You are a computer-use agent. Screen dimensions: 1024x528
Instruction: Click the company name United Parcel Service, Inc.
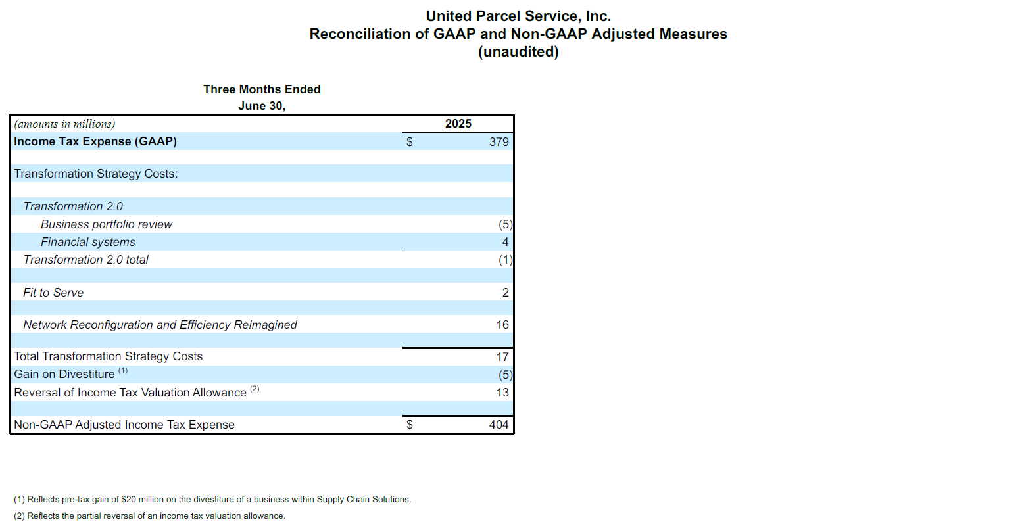click(x=518, y=16)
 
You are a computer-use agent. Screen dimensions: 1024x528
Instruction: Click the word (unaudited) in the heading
click(x=518, y=52)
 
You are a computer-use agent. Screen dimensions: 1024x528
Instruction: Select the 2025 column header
click(x=458, y=124)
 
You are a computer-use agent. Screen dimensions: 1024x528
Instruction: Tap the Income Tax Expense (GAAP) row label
click(x=95, y=141)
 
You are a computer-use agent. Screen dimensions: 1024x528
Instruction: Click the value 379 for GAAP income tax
click(x=499, y=142)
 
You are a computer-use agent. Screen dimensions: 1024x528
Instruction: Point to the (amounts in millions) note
click(x=64, y=124)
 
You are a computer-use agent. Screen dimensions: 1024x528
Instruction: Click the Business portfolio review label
click(x=107, y=224)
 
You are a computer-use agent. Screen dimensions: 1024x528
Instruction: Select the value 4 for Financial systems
click(x=505, y=242)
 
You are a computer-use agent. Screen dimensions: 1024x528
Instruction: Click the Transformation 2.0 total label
click(x=86, y=260)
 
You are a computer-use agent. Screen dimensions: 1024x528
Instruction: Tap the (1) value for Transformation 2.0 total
click(x=505, y=260)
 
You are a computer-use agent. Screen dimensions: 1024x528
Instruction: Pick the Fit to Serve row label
click(x=53, y=293)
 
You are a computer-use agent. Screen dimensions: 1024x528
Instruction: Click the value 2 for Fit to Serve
click(x=505, y=293)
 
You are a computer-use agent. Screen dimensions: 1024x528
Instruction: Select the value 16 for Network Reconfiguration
click(x=502, y=325)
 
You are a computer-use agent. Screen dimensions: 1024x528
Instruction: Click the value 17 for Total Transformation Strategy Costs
click(x=502, y=357)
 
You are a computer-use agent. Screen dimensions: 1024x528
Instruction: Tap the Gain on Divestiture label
click(x=64, y=374)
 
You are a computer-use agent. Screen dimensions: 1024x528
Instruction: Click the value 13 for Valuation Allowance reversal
click(x=502, y=393)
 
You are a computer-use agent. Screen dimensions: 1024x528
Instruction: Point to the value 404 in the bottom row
click(x=499, y=425)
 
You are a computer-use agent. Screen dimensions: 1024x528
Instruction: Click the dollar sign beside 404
click(x=410, y=425)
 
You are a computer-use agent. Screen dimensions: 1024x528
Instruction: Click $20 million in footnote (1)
click(x=143, y=499)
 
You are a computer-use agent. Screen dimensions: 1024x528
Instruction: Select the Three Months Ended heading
click(x=262, y=89)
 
